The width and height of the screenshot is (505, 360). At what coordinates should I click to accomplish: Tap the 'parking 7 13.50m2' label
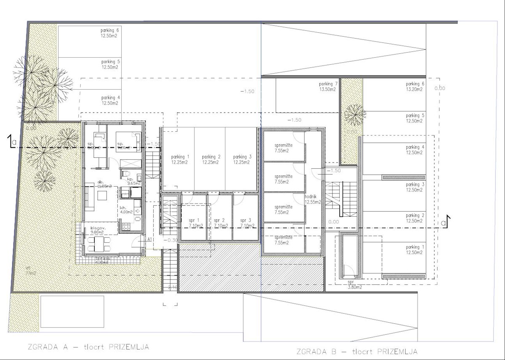(328, 87)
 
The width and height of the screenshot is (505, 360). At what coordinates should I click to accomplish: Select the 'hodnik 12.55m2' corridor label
(313, 199)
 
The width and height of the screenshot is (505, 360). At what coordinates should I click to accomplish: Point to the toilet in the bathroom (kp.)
(125, 174)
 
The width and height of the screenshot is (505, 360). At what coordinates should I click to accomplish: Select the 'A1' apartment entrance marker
(150, 239)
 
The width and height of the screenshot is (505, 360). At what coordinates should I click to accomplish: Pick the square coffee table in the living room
(103, 195)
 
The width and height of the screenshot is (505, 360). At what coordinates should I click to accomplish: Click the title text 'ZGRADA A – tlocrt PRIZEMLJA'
(82, 347)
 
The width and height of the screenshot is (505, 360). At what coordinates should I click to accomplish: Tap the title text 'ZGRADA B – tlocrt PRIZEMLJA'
(356, 351)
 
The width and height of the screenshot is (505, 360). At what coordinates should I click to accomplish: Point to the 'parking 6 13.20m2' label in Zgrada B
(415, 86)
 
